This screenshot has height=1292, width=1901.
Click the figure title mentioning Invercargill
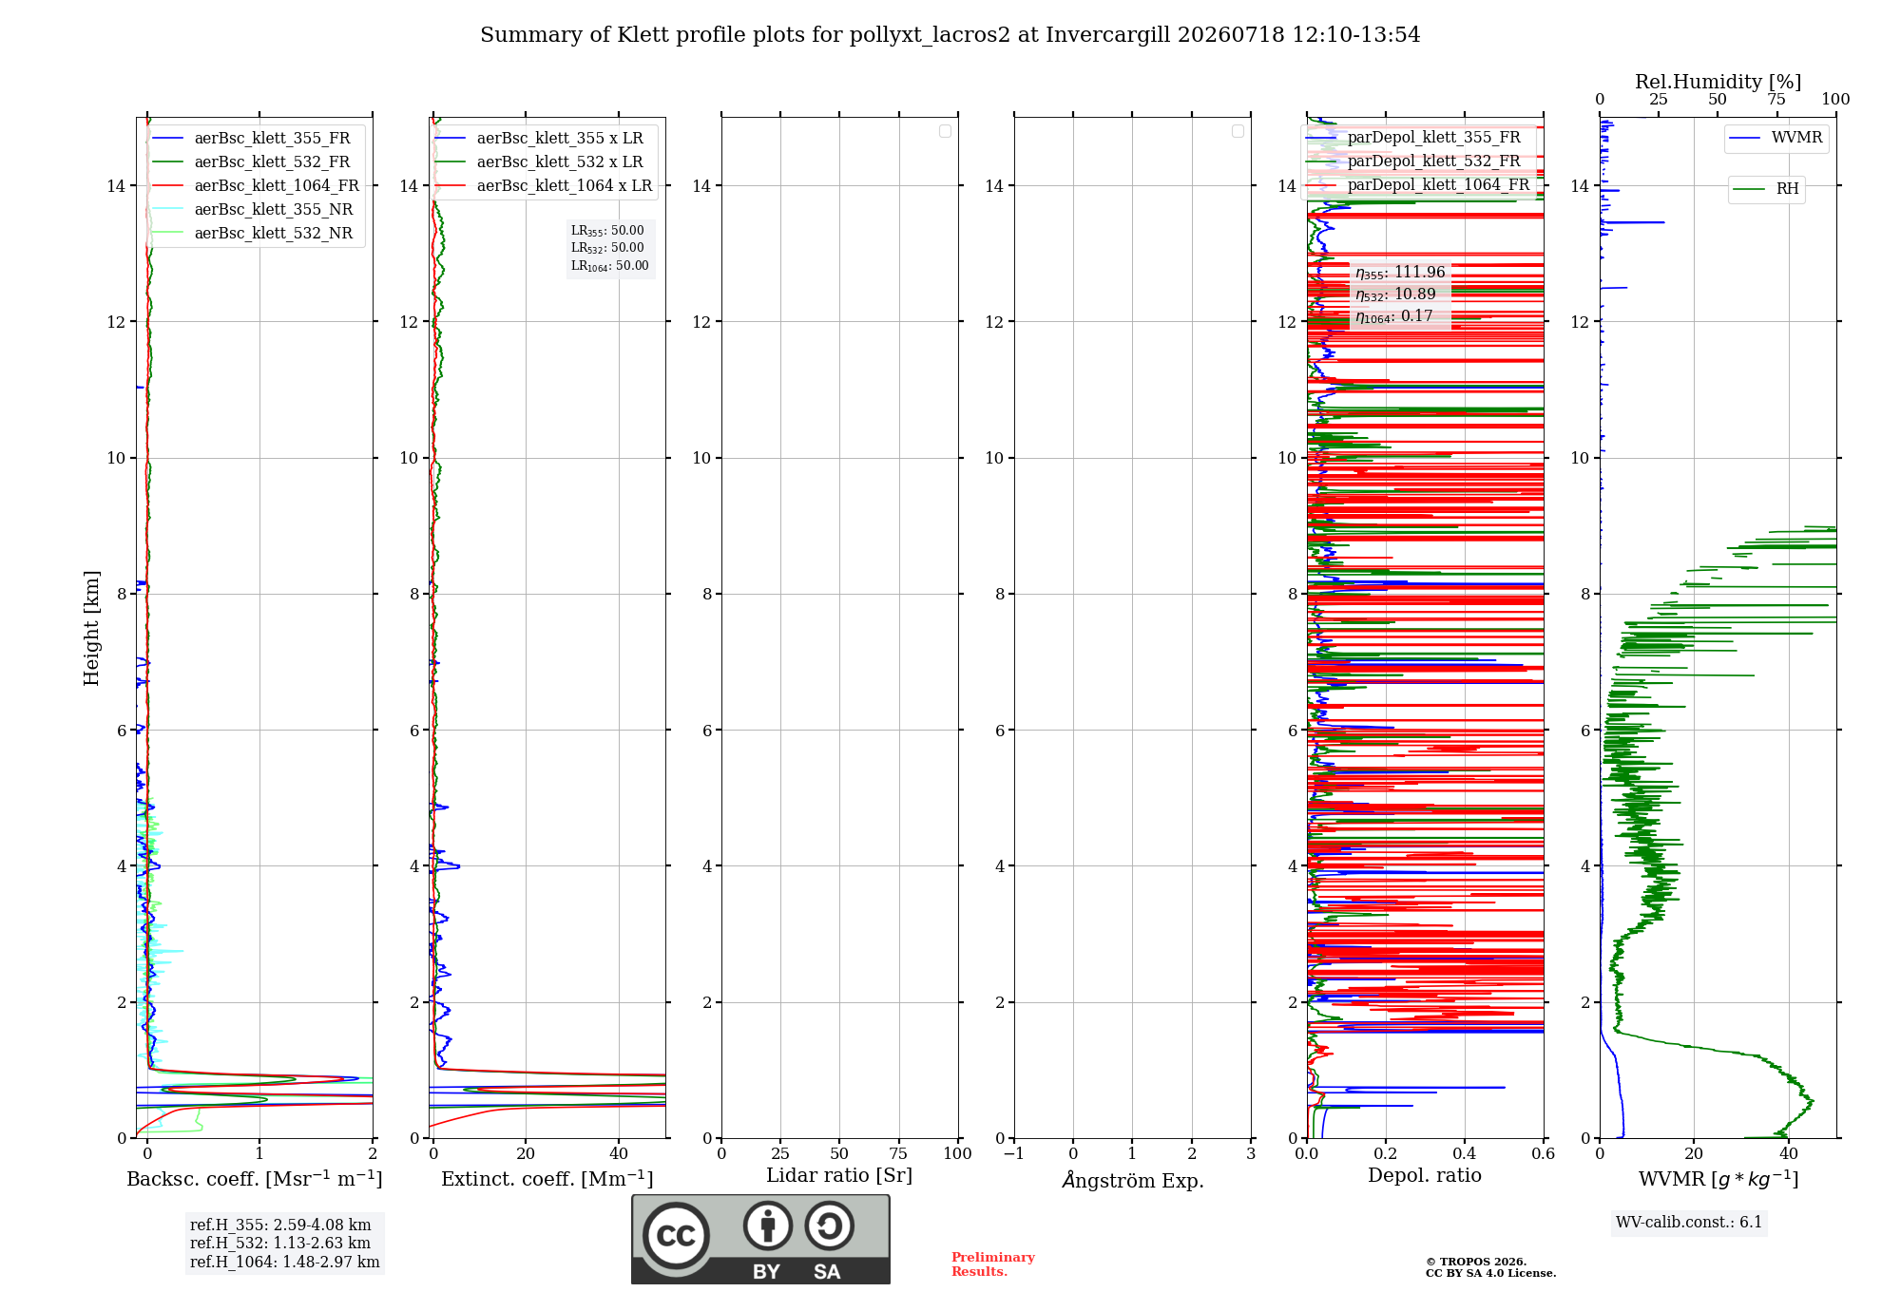950,35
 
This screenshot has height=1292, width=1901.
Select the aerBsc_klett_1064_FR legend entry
256,186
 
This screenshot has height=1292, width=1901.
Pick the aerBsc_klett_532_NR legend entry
253,234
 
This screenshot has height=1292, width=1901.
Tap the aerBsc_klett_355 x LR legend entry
539,139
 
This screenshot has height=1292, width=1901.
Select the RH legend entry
1766,189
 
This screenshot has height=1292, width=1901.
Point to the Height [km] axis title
91,628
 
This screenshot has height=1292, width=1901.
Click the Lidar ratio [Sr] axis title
839,1176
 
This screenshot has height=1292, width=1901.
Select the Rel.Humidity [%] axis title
1719,82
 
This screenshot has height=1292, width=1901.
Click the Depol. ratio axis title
1425,1176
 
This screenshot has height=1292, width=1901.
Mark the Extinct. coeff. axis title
547,1179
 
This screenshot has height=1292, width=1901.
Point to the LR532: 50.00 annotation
607,248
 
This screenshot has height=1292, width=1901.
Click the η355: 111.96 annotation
1400,273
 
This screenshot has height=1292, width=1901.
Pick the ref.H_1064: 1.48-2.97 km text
284,1263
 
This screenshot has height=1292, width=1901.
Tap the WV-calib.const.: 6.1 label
1689,1223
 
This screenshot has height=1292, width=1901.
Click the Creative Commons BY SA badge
760,1240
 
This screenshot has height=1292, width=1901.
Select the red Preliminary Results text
993,1264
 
